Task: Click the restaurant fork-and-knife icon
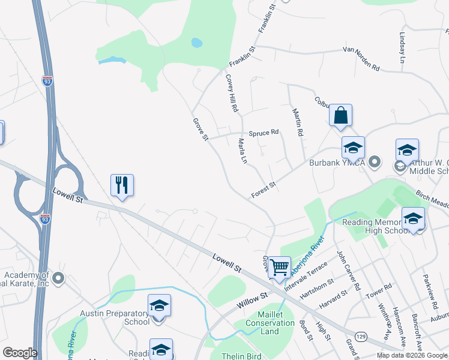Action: [x=122, y=186]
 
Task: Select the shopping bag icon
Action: [x=340, y=115]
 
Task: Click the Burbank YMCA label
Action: [x=337, y=162]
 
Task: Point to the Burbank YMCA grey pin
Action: [x=375, y=161]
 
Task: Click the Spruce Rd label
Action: [x=264, y=132]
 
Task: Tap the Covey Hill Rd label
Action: [x=232, y=93]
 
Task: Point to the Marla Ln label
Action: [x=243, y=152]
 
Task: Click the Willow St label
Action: [x=252, y=301]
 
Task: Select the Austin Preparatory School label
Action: [x=115, y=317]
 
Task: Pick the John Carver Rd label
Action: [x=348, y=270]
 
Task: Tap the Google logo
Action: [x=20, y=353]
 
